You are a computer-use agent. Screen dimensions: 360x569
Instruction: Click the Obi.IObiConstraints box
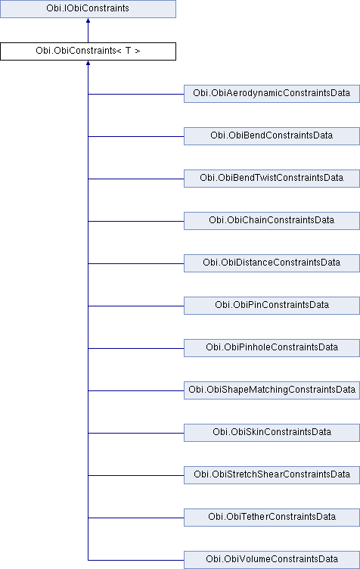click(x=88, y=9)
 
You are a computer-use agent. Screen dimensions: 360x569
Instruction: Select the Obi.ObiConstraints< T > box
click(x=88, y=51)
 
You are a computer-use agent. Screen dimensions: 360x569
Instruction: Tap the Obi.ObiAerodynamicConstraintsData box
click(x=272, y=94)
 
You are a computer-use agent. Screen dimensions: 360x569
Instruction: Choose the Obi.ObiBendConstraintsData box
click(x=272, y=136)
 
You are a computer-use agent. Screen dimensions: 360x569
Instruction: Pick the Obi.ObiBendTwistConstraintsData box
click(x=272, y=178)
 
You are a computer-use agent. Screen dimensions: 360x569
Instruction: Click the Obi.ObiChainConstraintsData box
click(x=272, y=221)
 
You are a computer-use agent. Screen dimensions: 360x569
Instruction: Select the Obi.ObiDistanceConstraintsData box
click(x=272, y=263)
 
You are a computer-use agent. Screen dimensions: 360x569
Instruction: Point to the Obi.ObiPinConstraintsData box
click(x=272, y=306)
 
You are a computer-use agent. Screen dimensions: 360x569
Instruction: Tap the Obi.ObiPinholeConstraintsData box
click(x=272, y=347)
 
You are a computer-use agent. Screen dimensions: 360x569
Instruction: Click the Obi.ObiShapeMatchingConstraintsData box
click(x=272, y=390)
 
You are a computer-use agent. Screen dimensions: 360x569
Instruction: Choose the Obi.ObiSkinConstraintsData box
click(x=272, y=433)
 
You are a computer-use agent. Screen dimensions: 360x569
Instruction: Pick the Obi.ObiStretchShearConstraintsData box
click(x=272, y=475)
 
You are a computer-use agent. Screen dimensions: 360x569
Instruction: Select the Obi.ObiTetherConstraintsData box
click(x=272, y=517)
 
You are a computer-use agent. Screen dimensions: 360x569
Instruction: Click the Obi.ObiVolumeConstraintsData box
click(x=272, y=560)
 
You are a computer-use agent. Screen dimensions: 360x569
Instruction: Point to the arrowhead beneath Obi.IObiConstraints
click(x=88, y=20)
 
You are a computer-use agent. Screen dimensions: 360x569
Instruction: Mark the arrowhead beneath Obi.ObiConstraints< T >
click(x=88, y=63)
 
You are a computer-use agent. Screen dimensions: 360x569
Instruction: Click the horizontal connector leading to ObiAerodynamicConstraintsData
click(x=136, y=95)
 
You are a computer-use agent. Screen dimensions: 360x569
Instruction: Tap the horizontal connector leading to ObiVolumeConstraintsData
click(x=136, y=560)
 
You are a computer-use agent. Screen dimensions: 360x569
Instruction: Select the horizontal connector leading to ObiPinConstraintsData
click(x=136, y=306)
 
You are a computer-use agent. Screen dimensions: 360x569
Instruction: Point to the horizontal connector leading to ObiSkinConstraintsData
click(x=136, y=433)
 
